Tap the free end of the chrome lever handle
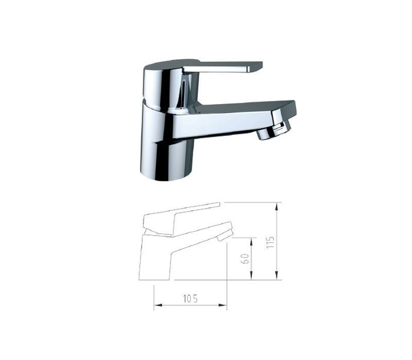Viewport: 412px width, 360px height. point(256,66)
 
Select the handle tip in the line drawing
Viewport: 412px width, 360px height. point(218,204)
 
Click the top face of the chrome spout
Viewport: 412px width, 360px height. point(242,105)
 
